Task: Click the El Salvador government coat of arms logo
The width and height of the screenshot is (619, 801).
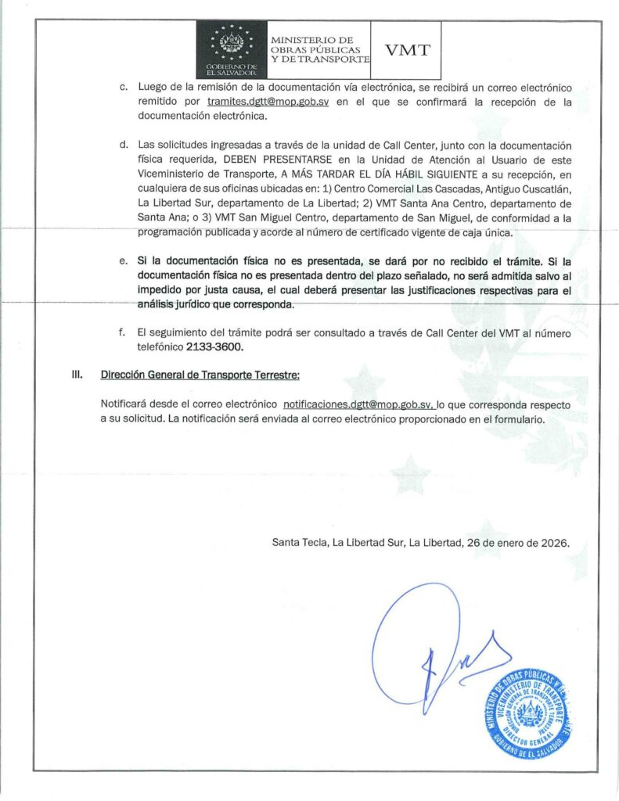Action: coord(231,48)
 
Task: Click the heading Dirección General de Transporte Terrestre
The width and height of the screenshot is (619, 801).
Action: coord(200,375)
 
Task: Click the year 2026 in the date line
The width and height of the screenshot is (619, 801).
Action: coord(554,541)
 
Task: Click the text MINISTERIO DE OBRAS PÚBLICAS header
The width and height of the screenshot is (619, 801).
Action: coord(318,49)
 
